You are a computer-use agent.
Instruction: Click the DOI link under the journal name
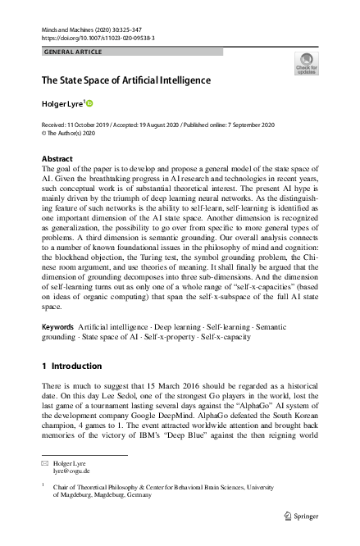(x=98, y=38)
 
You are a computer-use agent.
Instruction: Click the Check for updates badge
(x=305, y=63)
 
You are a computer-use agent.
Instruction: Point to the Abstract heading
(x=57, y=158)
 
